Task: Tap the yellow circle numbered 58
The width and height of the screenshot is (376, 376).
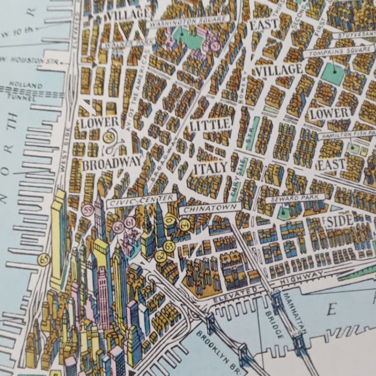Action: point(109,137)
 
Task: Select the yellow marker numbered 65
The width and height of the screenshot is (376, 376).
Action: point(44,260)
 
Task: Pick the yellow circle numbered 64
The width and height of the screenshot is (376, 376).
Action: point(184,225)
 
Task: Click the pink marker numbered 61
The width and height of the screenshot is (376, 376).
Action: point(130,223)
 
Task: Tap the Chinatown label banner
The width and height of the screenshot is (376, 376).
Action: point(210,208)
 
